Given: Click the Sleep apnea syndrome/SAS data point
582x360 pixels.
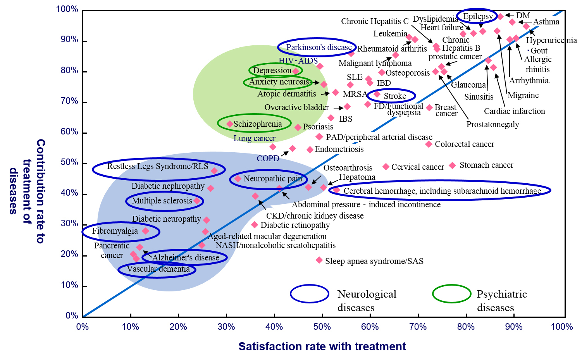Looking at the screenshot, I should pyautogui.click(x=319, y=260).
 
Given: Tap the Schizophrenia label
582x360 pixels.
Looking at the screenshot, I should pyautogui.click(x=258, y=124).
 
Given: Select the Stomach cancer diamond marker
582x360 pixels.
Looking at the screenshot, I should pyautogui.click(x=452, y=165).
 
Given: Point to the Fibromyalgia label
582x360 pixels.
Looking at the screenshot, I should pyautogui.click(x=115, y=231).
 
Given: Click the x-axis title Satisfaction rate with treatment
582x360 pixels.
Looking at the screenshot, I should pyautogui.click(x=322, y=346).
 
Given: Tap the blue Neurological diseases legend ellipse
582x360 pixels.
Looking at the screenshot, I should pyautogui.click(x=310, y=294).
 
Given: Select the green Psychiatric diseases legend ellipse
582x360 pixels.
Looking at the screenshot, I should pyautogui.click(x=451, y=294).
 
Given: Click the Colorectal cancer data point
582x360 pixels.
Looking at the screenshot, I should pyautogui.click(x=429, y=144).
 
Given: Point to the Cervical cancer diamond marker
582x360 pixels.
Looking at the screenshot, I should pyautogui.click(x=386, y=167).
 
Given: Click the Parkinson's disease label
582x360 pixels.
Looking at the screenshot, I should pyautogui.click(x=319, y=47).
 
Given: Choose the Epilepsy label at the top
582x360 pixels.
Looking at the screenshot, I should pyautogui.click(x=478, y=16).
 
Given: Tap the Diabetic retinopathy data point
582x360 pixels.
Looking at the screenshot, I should pyautogui.click(x=255, y=225).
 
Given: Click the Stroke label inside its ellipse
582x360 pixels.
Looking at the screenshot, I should pyautogui.click(x=395, y=96).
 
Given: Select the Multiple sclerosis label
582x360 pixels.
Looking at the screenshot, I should pyautogui.click(x=162, y=201).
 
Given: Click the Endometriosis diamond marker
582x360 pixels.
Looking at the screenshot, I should pyautogui.click(x=310, y=150).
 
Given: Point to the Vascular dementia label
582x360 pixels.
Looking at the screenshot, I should pyautogui.click(x=158, y=269).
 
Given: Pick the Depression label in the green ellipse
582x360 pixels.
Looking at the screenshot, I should pyautogui.click(x=272, y=71).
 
